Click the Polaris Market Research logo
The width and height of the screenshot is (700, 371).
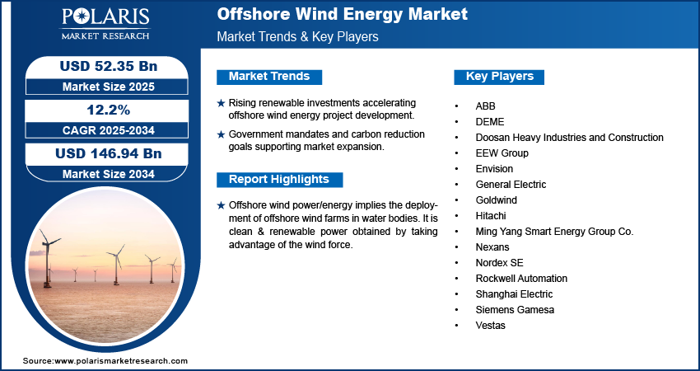pyautogui.click(x=105, y=24)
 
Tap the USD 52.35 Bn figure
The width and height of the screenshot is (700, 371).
pyautogui.click(x=109, y=66)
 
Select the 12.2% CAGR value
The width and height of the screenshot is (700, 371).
pyautogui.click(x=109, y=110)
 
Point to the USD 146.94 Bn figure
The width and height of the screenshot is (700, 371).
pyautogui.click(x=109, y=153)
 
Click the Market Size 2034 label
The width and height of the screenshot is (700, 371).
pyautogui.click(x=109, y=174)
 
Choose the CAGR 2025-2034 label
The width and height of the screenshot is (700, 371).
pyautogui.click(x=109, y=130)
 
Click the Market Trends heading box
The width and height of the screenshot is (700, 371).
pyautogui.click(x=269, y=77)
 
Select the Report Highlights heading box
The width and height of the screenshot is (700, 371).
pyautogui.click(x=279, y=180)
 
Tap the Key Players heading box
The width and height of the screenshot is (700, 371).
pyautogui.click(x=499, y=77)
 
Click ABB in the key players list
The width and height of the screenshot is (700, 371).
pyautogui.click(x=485, y=106)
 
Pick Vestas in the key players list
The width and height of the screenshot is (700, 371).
pyautogui.click(x=490, y=326)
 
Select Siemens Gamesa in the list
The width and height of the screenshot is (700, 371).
pyautogui.click(x=515, y=310)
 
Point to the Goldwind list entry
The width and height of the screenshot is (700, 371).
pyautogui.click(x=496, y=200)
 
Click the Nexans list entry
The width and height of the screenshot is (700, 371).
pyautogui.click(x=492, y=247)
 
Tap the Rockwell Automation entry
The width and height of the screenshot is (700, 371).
pyautogui.click(x=521, y=279)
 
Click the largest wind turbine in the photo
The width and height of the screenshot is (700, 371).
pyautogui.click(x=47, y=258)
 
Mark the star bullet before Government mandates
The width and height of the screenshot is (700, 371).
pyautogui.click(x=221, y=134)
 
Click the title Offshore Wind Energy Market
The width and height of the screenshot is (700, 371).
pyautogui.click(x=342, y=14)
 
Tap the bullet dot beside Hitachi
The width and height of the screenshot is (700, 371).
pyautogui.click(x=457, y=216)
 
